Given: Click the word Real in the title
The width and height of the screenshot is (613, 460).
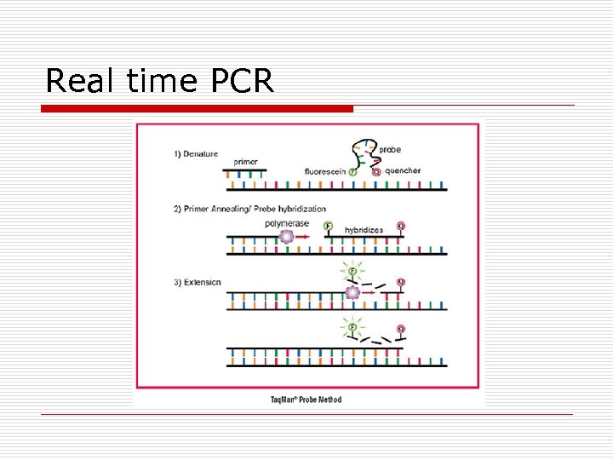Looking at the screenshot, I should [79, 81].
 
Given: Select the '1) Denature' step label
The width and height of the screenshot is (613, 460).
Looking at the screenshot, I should [196, 154].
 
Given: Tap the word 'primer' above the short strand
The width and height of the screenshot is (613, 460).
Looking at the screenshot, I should [246, 161].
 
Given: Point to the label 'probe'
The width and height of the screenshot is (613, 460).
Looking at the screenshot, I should [390, 150].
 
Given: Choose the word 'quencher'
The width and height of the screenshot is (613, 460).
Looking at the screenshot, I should [403, 170].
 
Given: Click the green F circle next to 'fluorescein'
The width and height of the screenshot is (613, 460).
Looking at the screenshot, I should [353, 172].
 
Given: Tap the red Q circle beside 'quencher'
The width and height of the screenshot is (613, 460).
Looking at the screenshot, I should [376, 172].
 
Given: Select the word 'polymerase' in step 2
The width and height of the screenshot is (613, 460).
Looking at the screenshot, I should [287, 223].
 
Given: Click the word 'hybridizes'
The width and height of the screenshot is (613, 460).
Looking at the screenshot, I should [364, 230].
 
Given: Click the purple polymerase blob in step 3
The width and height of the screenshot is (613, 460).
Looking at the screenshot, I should [352, 293].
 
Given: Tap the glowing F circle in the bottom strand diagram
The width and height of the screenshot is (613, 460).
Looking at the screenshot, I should [350, 325].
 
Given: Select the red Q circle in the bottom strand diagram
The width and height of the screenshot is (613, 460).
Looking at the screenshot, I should [400, 329].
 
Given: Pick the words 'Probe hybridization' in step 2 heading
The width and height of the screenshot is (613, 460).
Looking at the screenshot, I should [289, 209].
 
